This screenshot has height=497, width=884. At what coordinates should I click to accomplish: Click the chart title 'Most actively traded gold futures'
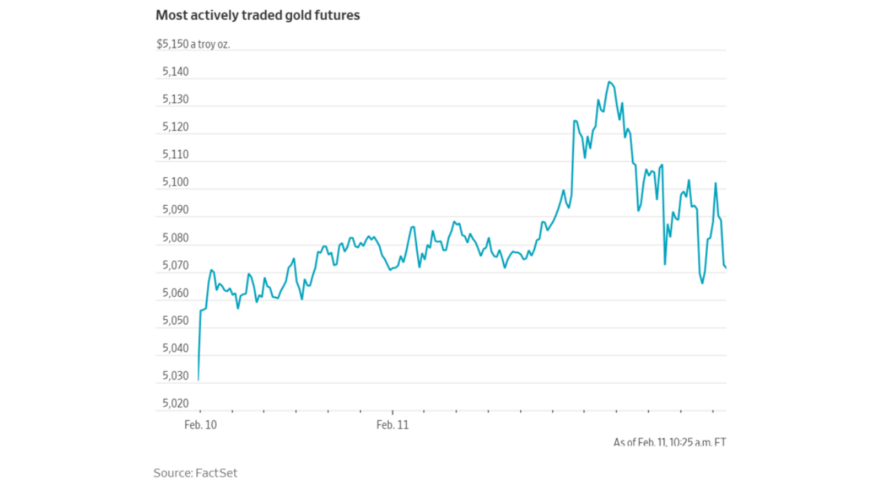(258, 15)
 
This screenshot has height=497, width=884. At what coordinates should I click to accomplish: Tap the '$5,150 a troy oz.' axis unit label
(193, 44)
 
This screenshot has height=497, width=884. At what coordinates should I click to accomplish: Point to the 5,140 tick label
(175, 72)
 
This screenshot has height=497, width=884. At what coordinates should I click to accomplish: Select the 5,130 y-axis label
(175, 99)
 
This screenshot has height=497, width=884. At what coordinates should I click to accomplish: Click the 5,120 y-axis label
(175, 127)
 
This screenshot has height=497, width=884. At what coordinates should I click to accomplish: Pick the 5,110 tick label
(175, 155)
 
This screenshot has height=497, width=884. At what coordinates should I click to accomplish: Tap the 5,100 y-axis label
(175, 182)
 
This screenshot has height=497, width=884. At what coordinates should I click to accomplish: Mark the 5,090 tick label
(175, 210)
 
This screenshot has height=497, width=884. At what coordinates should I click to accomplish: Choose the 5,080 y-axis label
(175, 238)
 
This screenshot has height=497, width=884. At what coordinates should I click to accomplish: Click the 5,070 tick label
(175, 266)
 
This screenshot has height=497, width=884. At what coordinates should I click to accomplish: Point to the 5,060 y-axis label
(175, 293)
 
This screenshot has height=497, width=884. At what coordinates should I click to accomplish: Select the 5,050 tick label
(175, 321)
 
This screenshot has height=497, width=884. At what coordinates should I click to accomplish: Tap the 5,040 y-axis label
(175, 349)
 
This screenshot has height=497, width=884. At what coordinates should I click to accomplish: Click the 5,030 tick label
(175, 376)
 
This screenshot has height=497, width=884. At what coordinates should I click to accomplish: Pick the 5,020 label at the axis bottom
(175, 404)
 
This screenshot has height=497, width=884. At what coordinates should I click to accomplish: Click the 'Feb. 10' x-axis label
(200, 425)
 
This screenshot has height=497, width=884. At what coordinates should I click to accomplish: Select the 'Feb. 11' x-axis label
(392, 425)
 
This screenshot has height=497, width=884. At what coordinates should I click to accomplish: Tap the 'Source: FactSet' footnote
(195, 473)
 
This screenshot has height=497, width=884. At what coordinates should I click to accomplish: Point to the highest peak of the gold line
(609, 82)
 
